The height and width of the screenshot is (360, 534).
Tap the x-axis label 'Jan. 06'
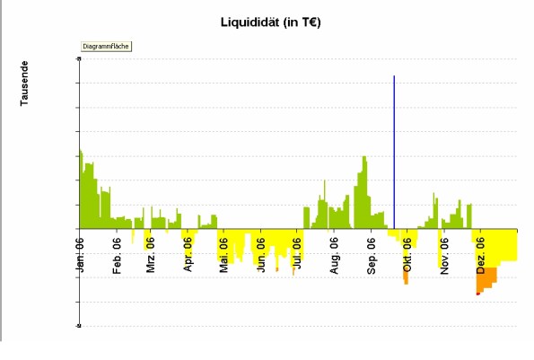80,255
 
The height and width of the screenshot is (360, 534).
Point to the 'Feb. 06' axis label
117,255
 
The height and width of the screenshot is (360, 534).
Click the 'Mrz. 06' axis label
151,255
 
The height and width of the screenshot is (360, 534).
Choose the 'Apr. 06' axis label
188,255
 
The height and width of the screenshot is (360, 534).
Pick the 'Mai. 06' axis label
224,255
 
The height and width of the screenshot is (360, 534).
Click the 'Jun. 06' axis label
260,255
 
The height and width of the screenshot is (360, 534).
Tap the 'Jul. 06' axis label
297,255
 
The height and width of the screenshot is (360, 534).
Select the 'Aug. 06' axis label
334,255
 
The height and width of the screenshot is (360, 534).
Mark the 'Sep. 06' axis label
372,255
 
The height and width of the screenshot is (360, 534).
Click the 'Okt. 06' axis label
407,255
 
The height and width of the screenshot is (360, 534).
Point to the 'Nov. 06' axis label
444,255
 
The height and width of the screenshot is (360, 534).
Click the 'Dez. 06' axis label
481,255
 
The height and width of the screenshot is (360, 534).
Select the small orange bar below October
406,277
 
